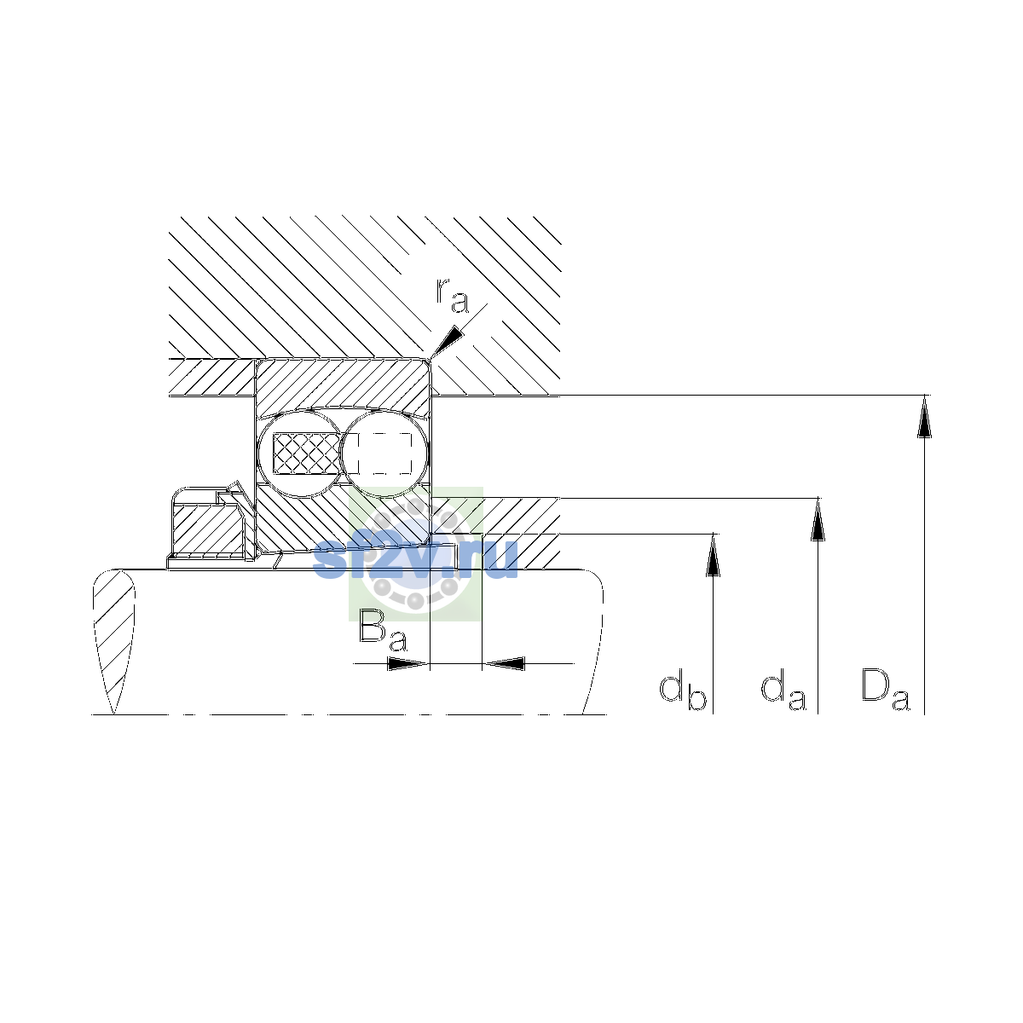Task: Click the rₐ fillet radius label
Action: [x=453, y=295]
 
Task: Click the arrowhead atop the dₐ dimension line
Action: [x=818, y=519]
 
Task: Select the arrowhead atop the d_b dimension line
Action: [x=713, y=555]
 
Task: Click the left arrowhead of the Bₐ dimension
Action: [x=408, y=663]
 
